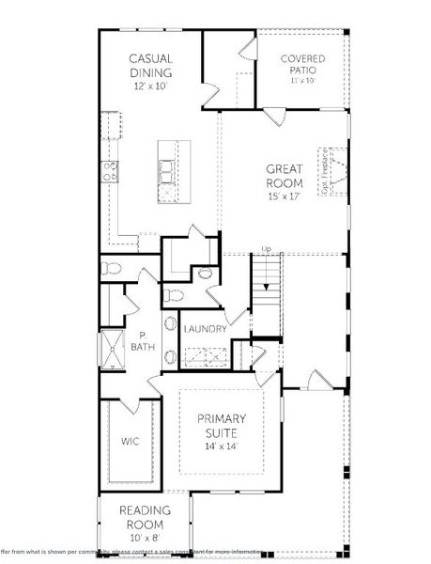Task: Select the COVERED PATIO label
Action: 303,65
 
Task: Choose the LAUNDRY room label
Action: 204,328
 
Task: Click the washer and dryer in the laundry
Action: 204,355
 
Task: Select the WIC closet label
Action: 130,440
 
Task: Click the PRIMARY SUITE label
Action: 221,425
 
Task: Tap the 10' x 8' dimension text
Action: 144,537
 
